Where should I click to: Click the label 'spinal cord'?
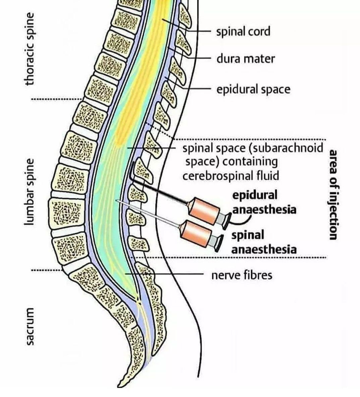pyautogui.click(x=243, y=32)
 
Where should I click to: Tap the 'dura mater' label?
pyautogui.click(x=245, y=59)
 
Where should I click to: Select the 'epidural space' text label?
pyautogui.click(x=253, y=90)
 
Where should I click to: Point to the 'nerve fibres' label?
pyautogui.click(x=242, y=275)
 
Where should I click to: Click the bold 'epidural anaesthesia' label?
pyautogui.click(x=264, y=202)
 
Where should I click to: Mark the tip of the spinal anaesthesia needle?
pyautogui.click(x=116, y=201)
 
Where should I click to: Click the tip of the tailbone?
pyautogui.click(x=120, y=384)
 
